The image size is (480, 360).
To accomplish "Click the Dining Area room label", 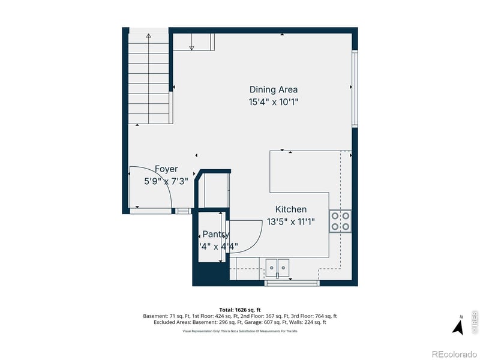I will (x=274, y=89).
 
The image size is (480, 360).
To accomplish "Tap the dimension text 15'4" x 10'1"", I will (x=274, y=102).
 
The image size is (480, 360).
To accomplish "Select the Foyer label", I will (x=166, y=169).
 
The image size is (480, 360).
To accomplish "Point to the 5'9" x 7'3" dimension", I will (x=166, y=181).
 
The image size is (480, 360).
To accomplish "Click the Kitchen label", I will (x=291, y=209).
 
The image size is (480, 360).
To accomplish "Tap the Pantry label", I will (x=215, y=234).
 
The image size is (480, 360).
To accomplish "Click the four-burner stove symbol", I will (x=340, y=221).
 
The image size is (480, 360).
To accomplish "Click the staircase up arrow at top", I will (x=148, y=37).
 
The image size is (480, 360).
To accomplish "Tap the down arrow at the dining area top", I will (x=192, y=47).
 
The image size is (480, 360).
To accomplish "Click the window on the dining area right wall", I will (x=355, y=89).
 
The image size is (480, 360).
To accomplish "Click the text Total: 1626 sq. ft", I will (x=240, y=310).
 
